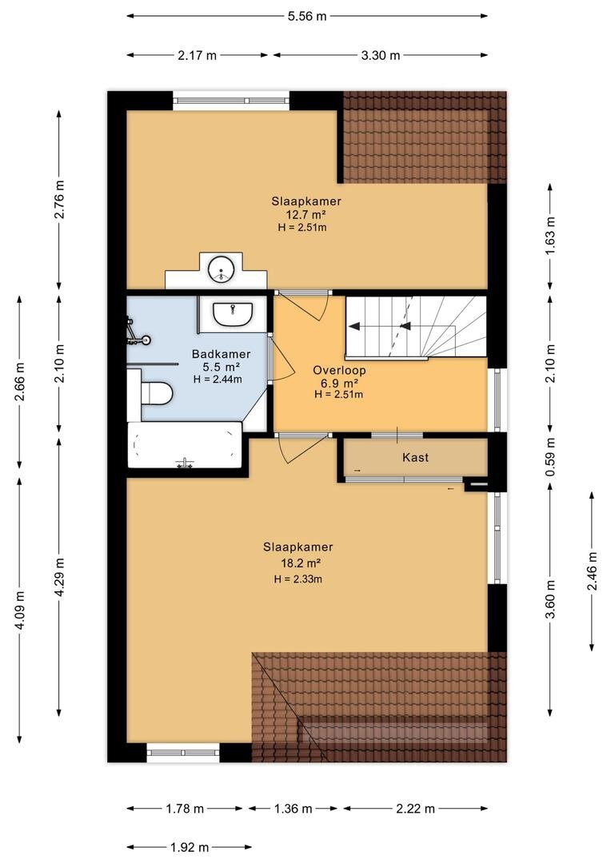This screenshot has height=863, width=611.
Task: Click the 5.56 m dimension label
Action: (x=307, y=16)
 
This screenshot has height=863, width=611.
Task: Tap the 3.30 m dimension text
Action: (x=380, y=55)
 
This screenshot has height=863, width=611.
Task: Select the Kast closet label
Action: (x=415, y=457)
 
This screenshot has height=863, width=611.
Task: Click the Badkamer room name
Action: (x=221, y=355)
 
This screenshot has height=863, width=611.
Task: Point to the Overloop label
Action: (x=339, y=371)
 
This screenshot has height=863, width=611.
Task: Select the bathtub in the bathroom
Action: (x=185, y=445)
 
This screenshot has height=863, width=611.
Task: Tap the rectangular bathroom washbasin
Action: (x=233, y=314)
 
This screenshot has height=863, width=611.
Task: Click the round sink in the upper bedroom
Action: (x=222, y=270)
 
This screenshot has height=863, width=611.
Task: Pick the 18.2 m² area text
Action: (x=298, y=563)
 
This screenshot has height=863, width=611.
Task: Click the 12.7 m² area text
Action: (x=305, y=215)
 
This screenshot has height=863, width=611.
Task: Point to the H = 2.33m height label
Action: (x=298, y=579)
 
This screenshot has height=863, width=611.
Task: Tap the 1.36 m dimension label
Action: (x=293, y=809)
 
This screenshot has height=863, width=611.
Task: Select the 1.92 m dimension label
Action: (x=190, y=847)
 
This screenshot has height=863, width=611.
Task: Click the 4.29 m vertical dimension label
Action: (x=59, y=577)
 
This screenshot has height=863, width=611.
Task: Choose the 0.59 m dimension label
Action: (x=550, y=458)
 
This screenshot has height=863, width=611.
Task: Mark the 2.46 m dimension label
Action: (x=593, y=571)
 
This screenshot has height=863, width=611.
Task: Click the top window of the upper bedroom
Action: (x=231, y=101)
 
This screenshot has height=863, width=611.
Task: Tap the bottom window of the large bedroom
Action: (x=183, y=753)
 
